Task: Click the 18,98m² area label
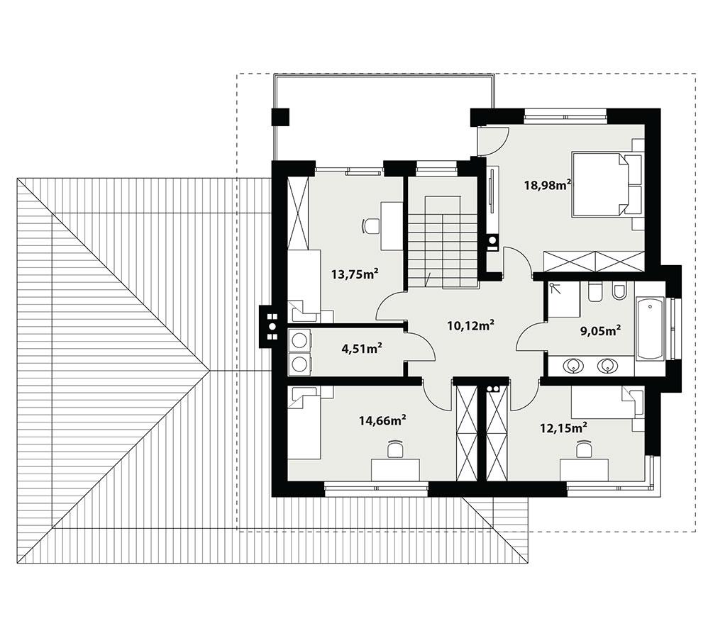[x=548, y=185]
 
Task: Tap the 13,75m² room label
[x=353, y=274]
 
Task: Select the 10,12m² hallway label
[x=470, y=325]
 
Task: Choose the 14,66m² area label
[x=382, y=420]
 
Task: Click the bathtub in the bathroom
[x=649, y=330]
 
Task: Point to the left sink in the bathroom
[x=573, y=366]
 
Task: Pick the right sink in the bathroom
[x=605, y=366]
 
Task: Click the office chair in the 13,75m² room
[x=370, y=226]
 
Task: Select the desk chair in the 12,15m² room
[x=583, y=449]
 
